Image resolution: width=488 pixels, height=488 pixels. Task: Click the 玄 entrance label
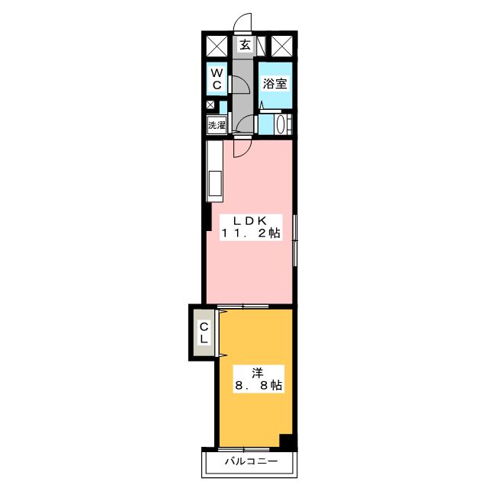click(x=245, y=45)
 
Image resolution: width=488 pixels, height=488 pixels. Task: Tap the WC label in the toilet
click(x=217, y=79)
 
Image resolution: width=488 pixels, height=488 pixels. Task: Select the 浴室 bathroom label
click(x=274, y=83)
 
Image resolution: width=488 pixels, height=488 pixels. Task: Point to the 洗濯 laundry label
click(x=217, y=125)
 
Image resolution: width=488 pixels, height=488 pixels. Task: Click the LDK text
click(x=251, y=220)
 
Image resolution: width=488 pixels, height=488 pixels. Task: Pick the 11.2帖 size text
click(x=251, y=233)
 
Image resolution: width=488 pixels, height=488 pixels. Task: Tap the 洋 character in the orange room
click(x=258, y=373)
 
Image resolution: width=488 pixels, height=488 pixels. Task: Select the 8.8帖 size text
click(x=258, y=385)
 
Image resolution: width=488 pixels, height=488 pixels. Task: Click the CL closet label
click(x=204, y=332)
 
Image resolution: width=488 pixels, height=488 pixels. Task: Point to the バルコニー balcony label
click(x=251, y=461)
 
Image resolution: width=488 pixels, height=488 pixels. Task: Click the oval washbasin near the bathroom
click(x=281, y=124)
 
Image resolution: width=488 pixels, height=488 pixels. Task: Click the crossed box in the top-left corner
click(x=217, y=47)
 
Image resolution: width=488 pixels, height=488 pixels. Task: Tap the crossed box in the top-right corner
click(x=282, y=47)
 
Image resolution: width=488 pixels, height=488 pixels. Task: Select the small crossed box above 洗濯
click(x=210, y=104)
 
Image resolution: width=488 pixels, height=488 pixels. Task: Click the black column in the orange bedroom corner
click(x=287, y=441)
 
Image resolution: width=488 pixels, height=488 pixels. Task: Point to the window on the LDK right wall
click(x=295, y=240)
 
